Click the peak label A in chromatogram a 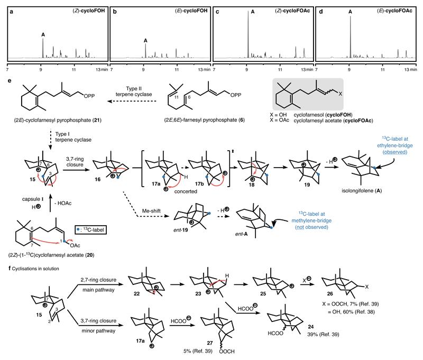coord(43,36)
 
